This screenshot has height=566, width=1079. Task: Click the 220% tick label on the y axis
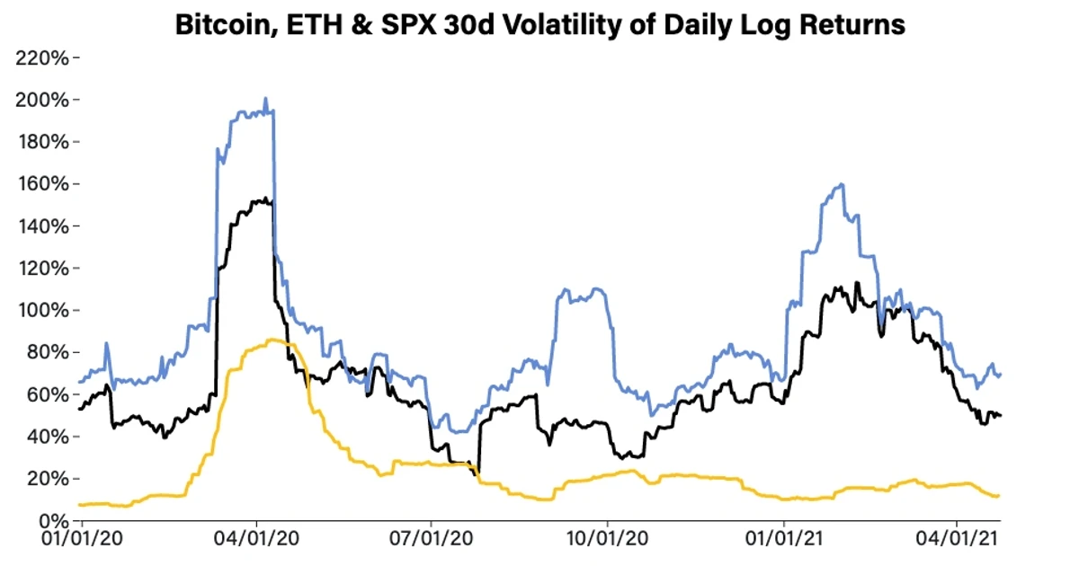42,58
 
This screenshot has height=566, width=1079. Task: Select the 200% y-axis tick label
42,100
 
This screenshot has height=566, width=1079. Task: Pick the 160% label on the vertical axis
42,184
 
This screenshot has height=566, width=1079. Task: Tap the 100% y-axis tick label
42,311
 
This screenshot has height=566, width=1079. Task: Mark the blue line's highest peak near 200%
265,99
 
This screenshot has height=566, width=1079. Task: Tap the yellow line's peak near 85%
270,340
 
